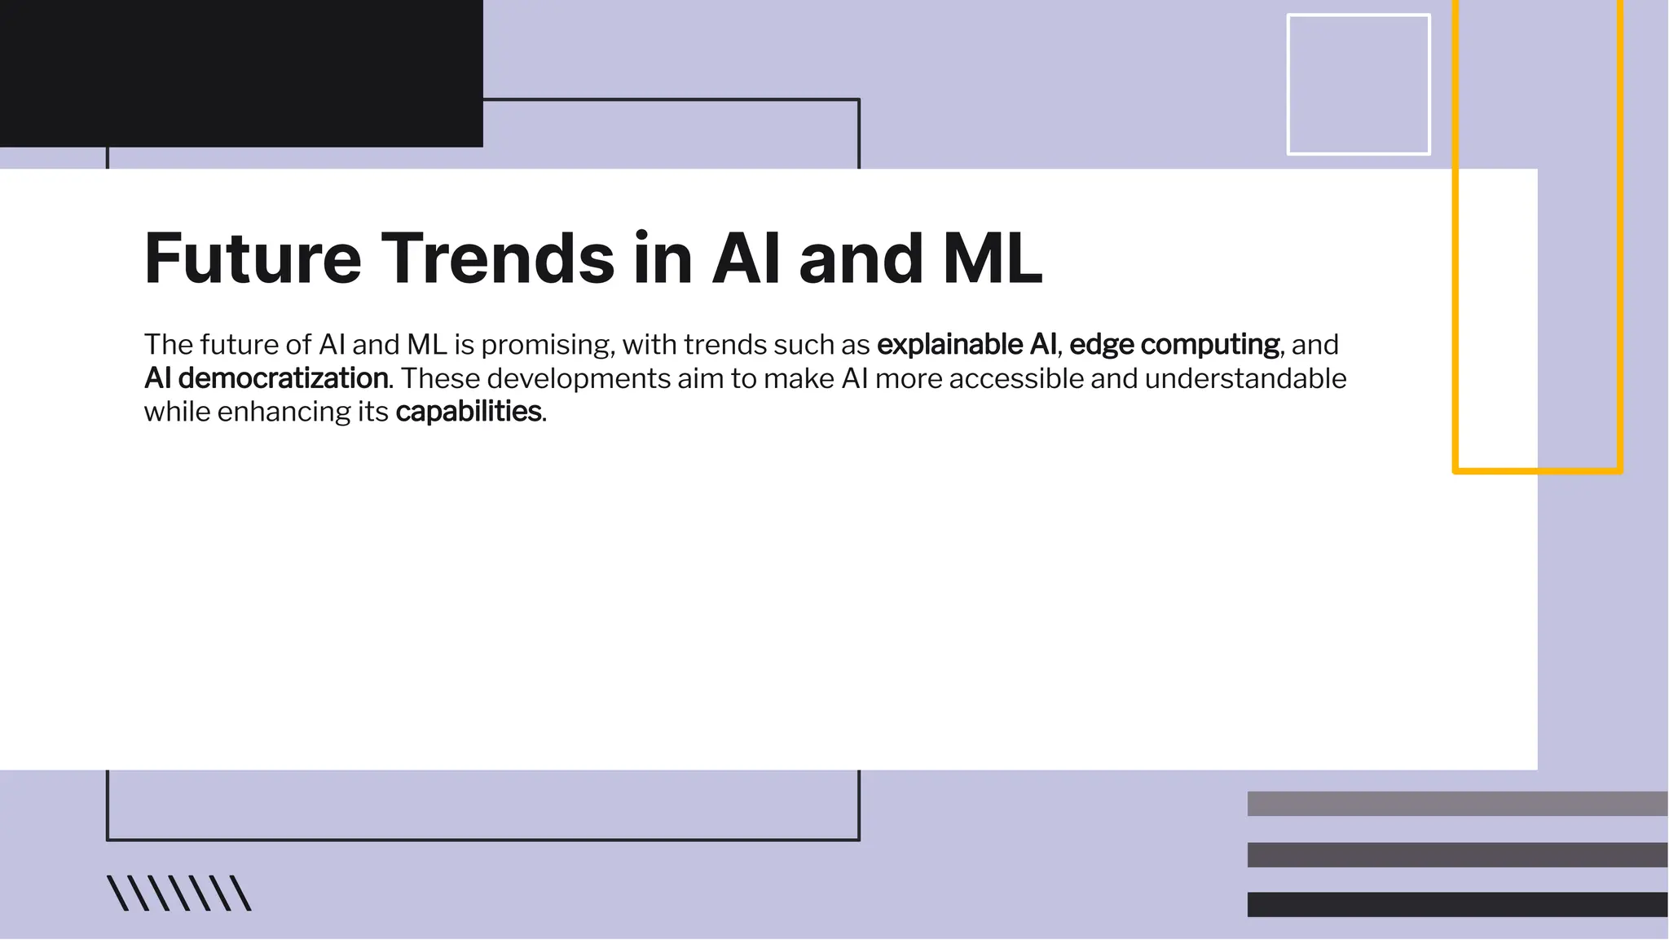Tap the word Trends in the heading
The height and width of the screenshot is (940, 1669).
click(497, 258)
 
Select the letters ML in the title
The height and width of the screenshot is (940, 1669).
click(992, 258)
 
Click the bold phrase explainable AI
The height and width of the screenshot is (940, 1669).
click(967, 345)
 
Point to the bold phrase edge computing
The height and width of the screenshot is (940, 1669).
click(1174, 345)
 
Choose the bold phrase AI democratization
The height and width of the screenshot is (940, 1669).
click(266, 378)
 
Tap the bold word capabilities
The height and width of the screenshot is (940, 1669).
click(469, 412)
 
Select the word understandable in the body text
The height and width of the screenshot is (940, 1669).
click(1245, 378)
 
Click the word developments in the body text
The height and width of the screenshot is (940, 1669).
click(578, 378)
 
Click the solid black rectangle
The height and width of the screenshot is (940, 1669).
click(241, 73)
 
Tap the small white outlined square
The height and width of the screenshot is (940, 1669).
click(1359, 84)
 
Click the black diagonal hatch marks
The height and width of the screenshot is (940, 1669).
click(179, 893)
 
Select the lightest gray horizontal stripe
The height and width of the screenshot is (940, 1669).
click(1457, 804)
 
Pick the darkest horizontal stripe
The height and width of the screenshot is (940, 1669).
click(1457, 904)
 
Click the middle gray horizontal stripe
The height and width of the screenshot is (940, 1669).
click(1457, 854)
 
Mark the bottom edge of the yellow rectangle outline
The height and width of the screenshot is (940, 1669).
click(1537, 470)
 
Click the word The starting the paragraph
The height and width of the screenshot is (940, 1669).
click(169, 345)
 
